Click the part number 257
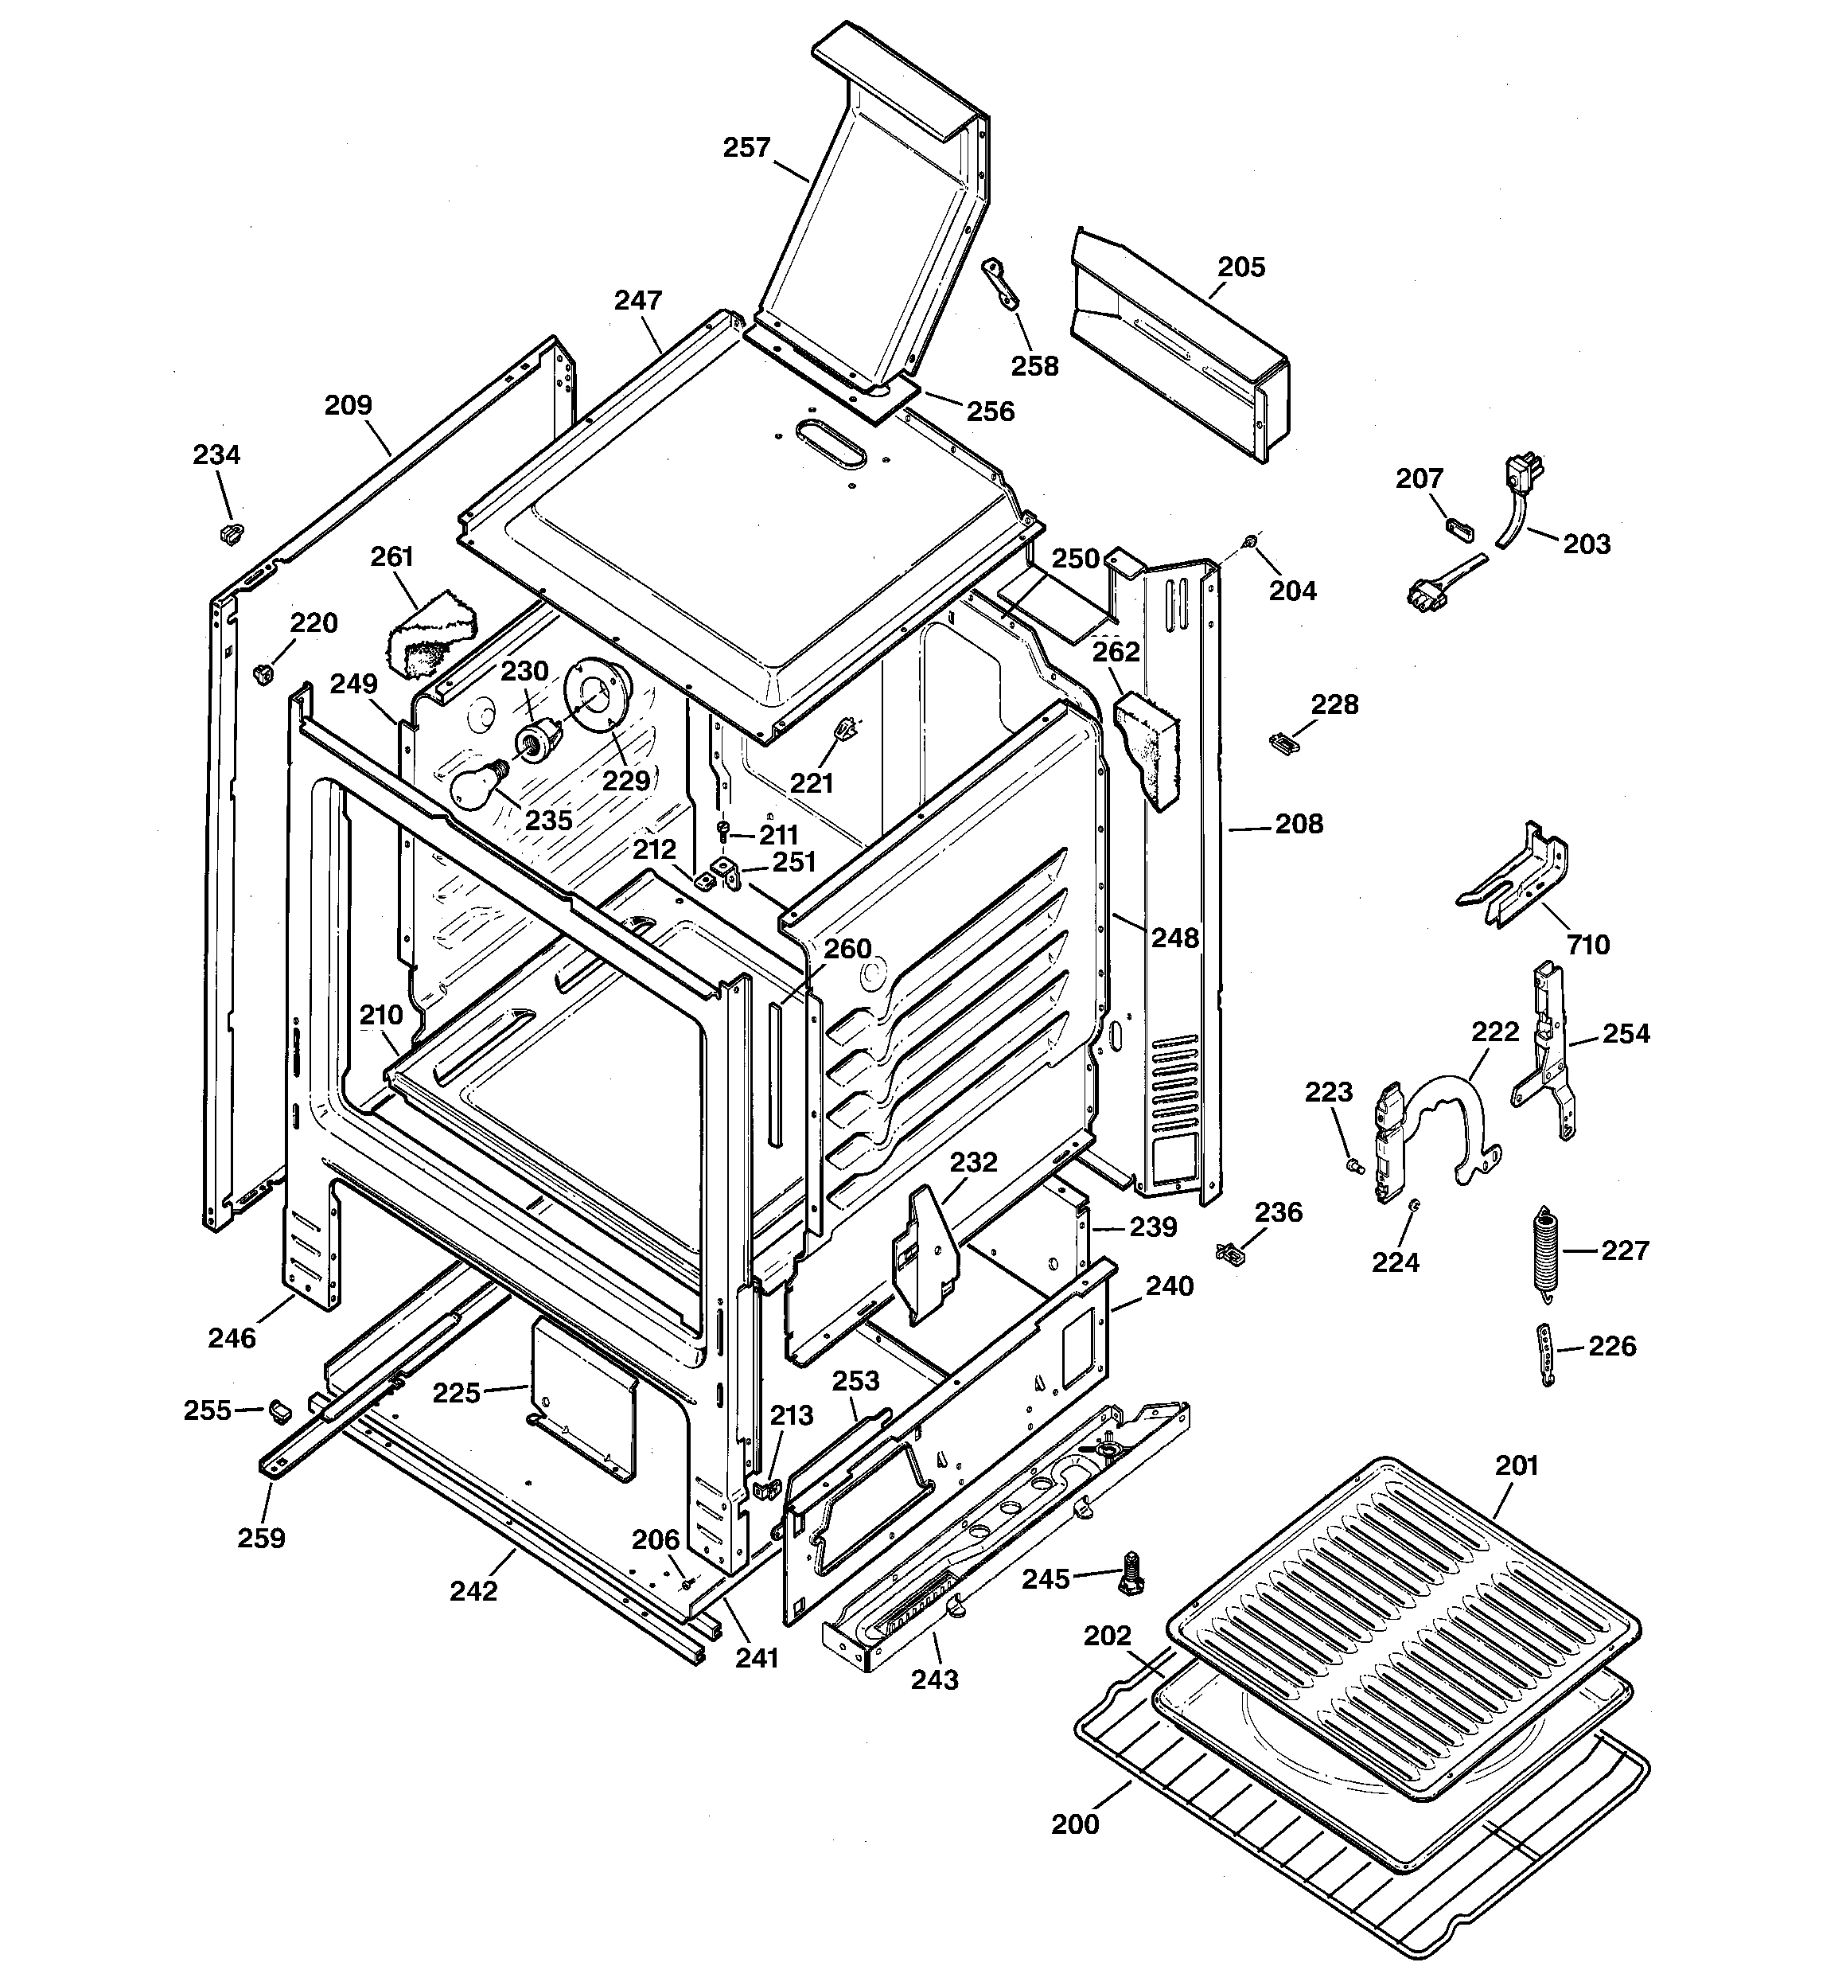pos(746,148)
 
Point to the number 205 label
pos(1240,267)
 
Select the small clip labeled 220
pos(263,674)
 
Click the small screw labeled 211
pos(723,828)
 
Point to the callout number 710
pos(1587,944)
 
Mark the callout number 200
pos(1075,1824)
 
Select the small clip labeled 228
pos(1281,742)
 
